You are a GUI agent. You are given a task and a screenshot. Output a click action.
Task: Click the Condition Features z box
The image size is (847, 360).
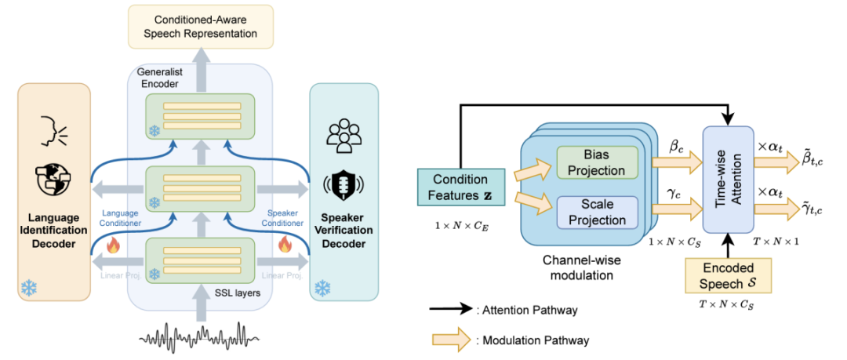point(461,186)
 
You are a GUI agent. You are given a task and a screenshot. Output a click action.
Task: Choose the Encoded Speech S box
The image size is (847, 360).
point(728,275)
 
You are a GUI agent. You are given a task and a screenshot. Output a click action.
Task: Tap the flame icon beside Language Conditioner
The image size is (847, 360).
point(112,246)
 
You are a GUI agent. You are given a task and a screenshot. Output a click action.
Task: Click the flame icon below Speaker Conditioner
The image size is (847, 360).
point(284,246)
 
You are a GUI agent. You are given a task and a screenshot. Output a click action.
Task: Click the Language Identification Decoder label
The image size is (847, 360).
point(53,231)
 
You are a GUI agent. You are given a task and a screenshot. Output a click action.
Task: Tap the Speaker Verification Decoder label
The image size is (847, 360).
point(344,231)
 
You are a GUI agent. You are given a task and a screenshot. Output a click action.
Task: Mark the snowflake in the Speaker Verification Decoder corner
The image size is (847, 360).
point(322,288)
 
